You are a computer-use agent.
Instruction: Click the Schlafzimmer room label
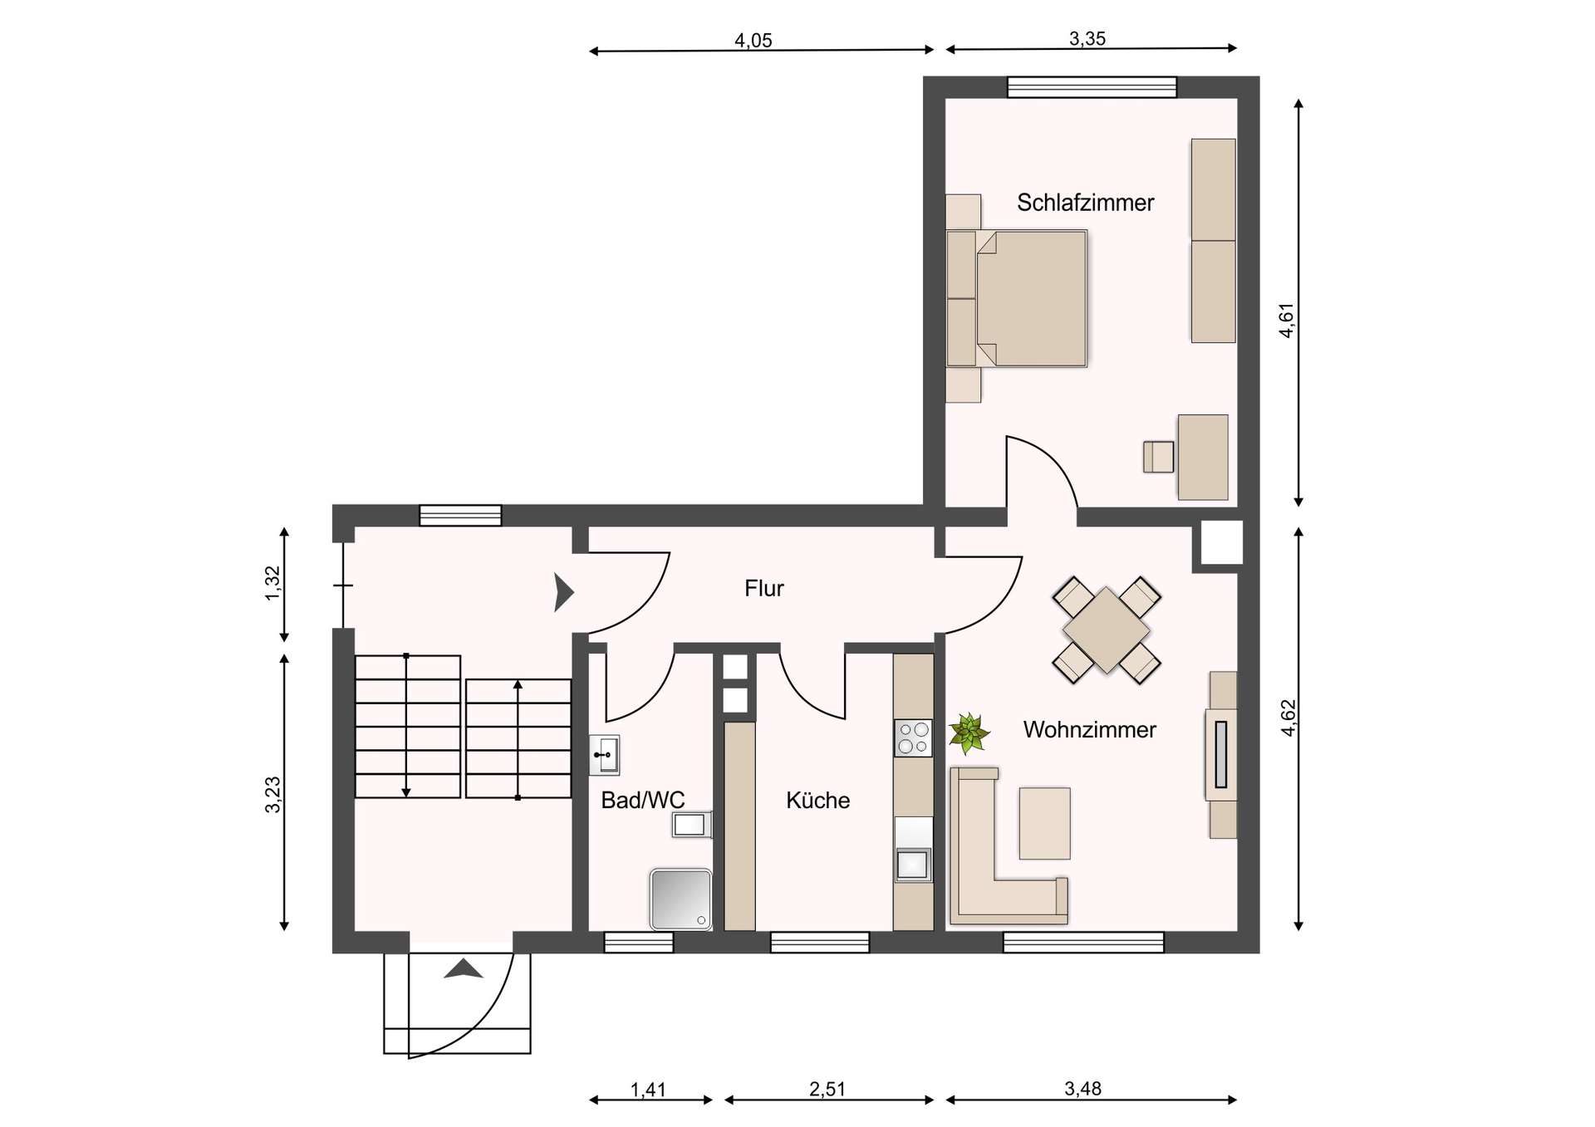[1085, 203]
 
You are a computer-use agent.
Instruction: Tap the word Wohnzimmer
[1089, 730]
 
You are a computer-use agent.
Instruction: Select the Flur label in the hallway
[763, 589]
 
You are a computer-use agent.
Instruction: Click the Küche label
[817, 801]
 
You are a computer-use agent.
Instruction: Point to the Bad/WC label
[642, 801]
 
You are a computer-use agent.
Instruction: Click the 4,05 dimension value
[753, 41]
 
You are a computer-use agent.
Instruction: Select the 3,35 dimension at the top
[1087, 39]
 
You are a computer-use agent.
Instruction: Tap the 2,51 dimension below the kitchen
[827, 1090]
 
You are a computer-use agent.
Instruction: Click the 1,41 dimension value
[648, 1090]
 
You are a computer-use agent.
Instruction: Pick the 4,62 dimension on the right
[1288, 718]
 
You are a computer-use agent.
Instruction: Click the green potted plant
[969, 733]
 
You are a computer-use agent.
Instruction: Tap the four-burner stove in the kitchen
[913, 738]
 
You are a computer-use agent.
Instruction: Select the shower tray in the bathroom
[680, 899]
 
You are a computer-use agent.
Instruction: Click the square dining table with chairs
[1106, 630]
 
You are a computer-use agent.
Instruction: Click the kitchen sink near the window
[912, 865]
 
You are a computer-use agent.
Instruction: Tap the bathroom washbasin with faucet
[605, 755]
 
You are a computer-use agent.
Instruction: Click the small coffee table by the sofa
[1044, 823]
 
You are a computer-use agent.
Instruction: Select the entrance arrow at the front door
[463, 969]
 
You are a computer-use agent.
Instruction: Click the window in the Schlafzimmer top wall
[1092, 87]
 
